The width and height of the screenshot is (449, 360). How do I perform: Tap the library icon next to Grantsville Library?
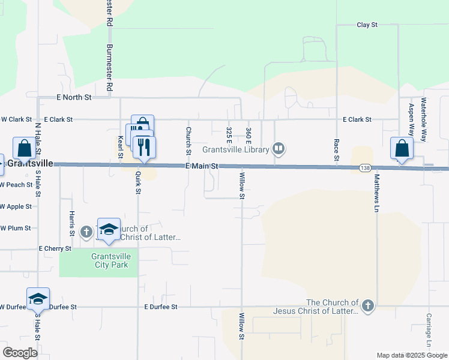pyautogui.click(x=279, y=148)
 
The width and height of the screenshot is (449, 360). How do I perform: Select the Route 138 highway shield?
pyautogui.click(x=365, y=168)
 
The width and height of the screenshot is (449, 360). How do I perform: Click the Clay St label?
pyautogui.click(x=366, y=25)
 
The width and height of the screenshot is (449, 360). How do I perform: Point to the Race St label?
pyautogui.click(x=337, y=150)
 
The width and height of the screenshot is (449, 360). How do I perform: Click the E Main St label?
pyautogui.click(x=201, y=166)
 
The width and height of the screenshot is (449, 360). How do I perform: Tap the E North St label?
pyautogui.click(x=74, y=97)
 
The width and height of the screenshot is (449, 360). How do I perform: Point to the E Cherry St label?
pyautogui.click(x=55, y=248)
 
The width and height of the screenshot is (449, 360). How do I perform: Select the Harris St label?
pyautogui.click(x=71, y=223)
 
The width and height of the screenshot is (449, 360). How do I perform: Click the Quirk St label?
pyautogui.click(x=138, y=183)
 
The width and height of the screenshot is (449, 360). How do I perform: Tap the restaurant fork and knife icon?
pyautogui.click(x=144, y=146)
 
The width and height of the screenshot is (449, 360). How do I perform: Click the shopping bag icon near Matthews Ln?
pyautogui.click(x=402, y=148)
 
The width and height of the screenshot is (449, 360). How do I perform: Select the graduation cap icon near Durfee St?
pyautogui.click(x=38, y=298)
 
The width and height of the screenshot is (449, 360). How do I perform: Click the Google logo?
pyautogui.click(x=20, y=353)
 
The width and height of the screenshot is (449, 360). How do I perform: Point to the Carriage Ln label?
pyautogui.click(x=429, y=329)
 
